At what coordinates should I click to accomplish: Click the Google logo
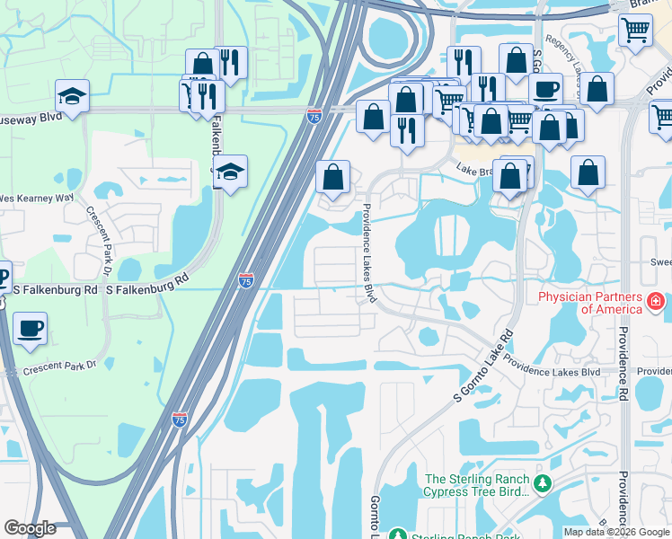click(x=31, y=528)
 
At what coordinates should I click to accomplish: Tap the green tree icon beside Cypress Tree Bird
click(x=542, y=484)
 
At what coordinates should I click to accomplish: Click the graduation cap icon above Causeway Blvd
click(x=72, y=94)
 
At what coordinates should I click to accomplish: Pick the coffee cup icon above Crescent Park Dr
click(x=31, y=328)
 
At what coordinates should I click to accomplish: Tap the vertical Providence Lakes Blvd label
click(x=367, y=253)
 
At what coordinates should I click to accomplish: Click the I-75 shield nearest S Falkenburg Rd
click(x=246, y=281)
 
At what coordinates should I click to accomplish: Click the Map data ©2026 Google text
click(x=615, y=531)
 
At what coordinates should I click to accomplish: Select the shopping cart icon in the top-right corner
click(x=635, y=30)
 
